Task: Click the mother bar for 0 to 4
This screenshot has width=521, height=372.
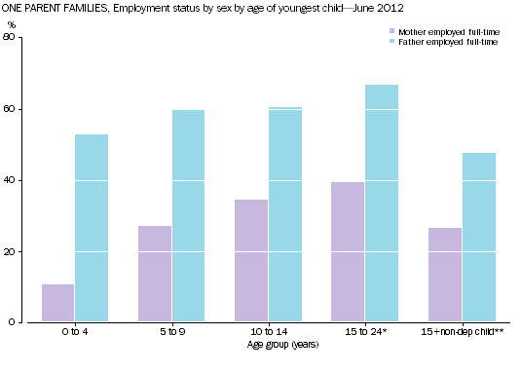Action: [x=58, y=303]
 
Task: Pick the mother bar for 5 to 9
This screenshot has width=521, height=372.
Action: [x=155, y=274]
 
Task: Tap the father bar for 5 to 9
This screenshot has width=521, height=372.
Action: [x=188, y=216]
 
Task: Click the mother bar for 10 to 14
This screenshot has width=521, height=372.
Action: [x=251, y=261]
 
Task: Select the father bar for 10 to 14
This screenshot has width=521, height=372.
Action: [x=284, y=214]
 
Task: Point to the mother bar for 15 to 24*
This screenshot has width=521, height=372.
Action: [x=348, y=252]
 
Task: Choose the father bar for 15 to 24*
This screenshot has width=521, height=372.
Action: [x=381, y=204]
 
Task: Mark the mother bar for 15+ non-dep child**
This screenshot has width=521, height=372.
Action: [x=445, y=275]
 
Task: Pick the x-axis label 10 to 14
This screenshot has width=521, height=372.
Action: [x=268, y=333]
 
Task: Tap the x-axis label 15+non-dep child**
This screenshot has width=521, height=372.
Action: [x=462, y=333]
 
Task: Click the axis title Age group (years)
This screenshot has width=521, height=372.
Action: [x=268, y=344]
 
